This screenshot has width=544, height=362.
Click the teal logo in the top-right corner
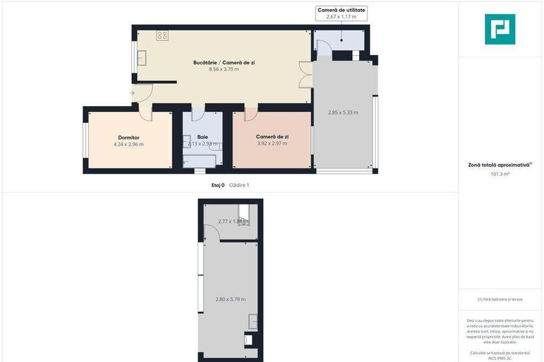500,29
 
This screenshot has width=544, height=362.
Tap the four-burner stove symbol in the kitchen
162,35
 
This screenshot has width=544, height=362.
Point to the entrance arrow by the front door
132,93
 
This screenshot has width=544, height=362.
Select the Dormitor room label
128,137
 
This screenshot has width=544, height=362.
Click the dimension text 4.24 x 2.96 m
128,144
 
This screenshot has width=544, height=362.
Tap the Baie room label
202,137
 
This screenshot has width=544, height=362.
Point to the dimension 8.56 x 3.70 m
224,69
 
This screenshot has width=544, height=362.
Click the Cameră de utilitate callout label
341,10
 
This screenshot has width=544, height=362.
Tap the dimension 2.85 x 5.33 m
343,113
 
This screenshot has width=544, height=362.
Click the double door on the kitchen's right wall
305,74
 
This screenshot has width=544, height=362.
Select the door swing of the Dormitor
146,113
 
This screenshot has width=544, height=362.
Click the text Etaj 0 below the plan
218,185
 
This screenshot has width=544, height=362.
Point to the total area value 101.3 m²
500,174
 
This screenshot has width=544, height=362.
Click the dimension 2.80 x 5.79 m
230,299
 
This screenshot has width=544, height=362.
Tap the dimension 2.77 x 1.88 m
233,221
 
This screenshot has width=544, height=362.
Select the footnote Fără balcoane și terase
500,300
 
